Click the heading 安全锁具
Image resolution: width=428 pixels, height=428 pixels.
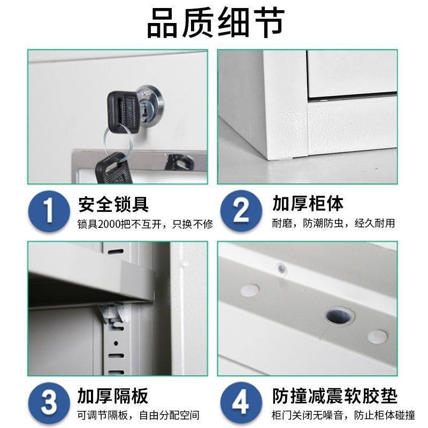(x=113, y=204)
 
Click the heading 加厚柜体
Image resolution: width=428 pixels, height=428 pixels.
(x=307, y=204)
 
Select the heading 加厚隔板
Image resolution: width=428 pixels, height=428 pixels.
(x=113, y=396)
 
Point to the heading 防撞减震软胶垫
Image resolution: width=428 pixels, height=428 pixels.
(x=335, y=396)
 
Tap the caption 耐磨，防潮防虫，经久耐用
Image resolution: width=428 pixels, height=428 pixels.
(x=333, y=224)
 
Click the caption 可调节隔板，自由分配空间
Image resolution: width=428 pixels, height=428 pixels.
(x=138, y=415)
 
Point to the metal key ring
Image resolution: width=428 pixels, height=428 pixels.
(x=118, y=140)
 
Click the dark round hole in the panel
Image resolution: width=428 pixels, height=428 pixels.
(x=339, y=316)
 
